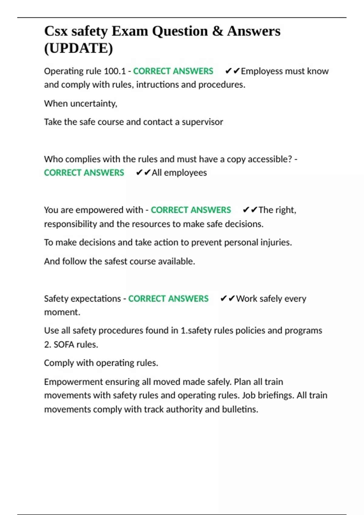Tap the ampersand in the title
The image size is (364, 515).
(217, 31)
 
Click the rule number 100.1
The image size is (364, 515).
(115, 71)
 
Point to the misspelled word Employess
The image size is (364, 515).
(262, 71)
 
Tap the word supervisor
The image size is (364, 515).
(202, 122)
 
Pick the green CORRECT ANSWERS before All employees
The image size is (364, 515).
(84, 173)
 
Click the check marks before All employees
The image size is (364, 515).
(143, 173)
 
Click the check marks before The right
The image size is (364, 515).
(250, 210)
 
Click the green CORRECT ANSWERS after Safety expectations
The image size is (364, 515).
(168, 299)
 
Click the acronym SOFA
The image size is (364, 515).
(64, 345)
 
